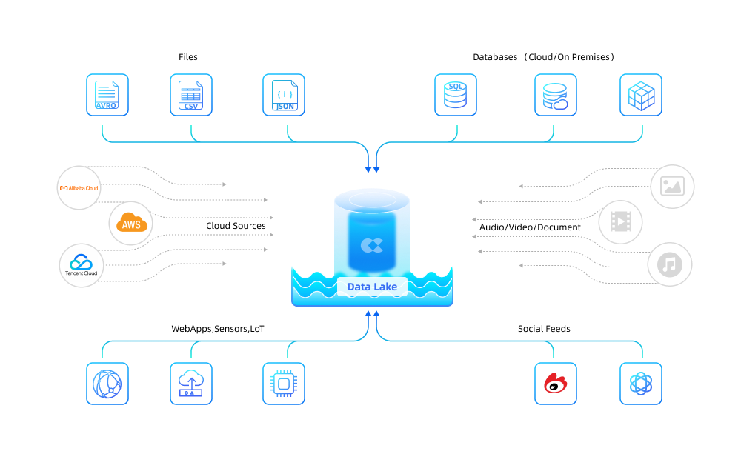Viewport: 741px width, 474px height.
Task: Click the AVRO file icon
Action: click(107, 95)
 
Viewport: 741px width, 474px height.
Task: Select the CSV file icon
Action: click(191, 95)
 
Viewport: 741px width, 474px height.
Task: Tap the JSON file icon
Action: click(284, 95)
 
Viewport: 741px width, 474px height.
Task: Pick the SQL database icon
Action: click(456, 95)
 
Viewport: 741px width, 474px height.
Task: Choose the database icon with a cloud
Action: click(556, 95)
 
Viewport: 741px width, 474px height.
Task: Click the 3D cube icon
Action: click(641, 95)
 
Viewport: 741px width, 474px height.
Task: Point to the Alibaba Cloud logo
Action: click(79, 188)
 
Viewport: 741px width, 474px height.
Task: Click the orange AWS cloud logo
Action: click(130, 224)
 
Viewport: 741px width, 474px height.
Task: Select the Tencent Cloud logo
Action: click(81, 265)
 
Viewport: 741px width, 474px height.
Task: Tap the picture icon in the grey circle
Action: click(672, 186)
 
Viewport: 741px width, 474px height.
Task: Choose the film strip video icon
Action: click(621, 221)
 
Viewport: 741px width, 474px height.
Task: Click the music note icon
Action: click(670, 264)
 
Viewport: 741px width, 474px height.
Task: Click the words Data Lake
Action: click(372, 287)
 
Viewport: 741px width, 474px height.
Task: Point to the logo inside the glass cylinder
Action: click(372, 245)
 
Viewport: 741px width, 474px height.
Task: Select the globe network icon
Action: click(107, 384)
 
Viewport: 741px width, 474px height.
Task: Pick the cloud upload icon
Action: click(191, 384)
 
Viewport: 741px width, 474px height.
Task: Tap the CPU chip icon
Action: click(284, 384)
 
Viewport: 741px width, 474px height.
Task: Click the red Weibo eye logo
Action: click(556, 384)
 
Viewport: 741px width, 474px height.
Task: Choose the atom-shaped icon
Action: click(641, 384)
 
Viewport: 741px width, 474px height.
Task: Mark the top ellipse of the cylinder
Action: click(372, 199)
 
